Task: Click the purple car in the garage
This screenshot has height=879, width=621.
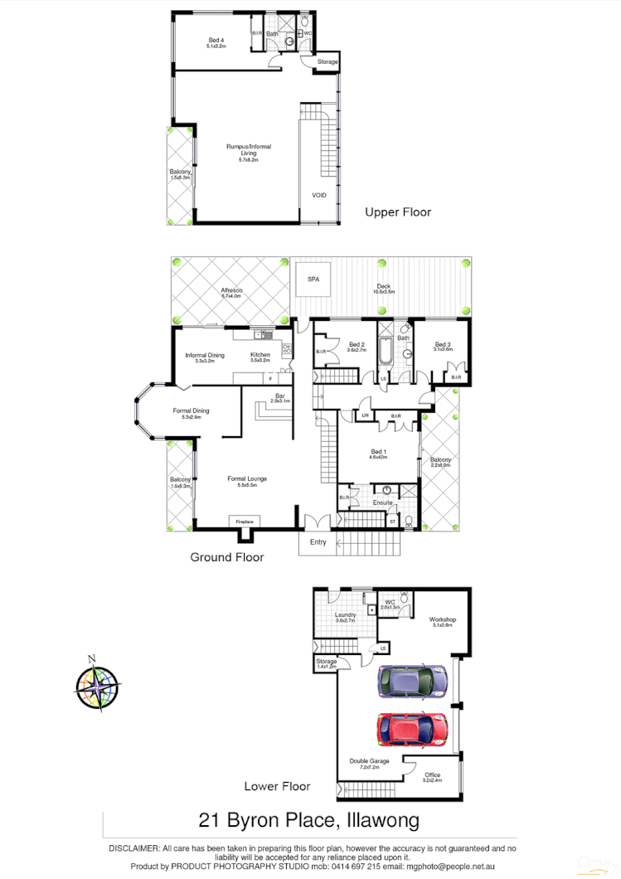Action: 412,682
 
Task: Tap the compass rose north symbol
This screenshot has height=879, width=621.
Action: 97,685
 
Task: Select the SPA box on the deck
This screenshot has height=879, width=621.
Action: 313,279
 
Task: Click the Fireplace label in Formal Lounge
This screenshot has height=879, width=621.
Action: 245,521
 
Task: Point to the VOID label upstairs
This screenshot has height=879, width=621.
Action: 319,196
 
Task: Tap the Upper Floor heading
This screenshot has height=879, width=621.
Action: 398,212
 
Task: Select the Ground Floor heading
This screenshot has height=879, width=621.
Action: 227,557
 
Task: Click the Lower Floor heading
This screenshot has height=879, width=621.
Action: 277,786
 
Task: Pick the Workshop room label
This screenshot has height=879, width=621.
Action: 443,619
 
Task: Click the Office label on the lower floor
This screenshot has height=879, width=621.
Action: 432,775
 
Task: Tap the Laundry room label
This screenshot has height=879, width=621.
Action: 345,615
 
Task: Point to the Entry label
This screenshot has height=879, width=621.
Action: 318,542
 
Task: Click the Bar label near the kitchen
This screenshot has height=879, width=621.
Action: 279,396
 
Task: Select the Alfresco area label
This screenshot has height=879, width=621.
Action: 231,290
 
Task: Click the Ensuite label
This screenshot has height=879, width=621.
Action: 382,503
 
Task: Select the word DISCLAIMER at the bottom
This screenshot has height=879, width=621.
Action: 133,848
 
